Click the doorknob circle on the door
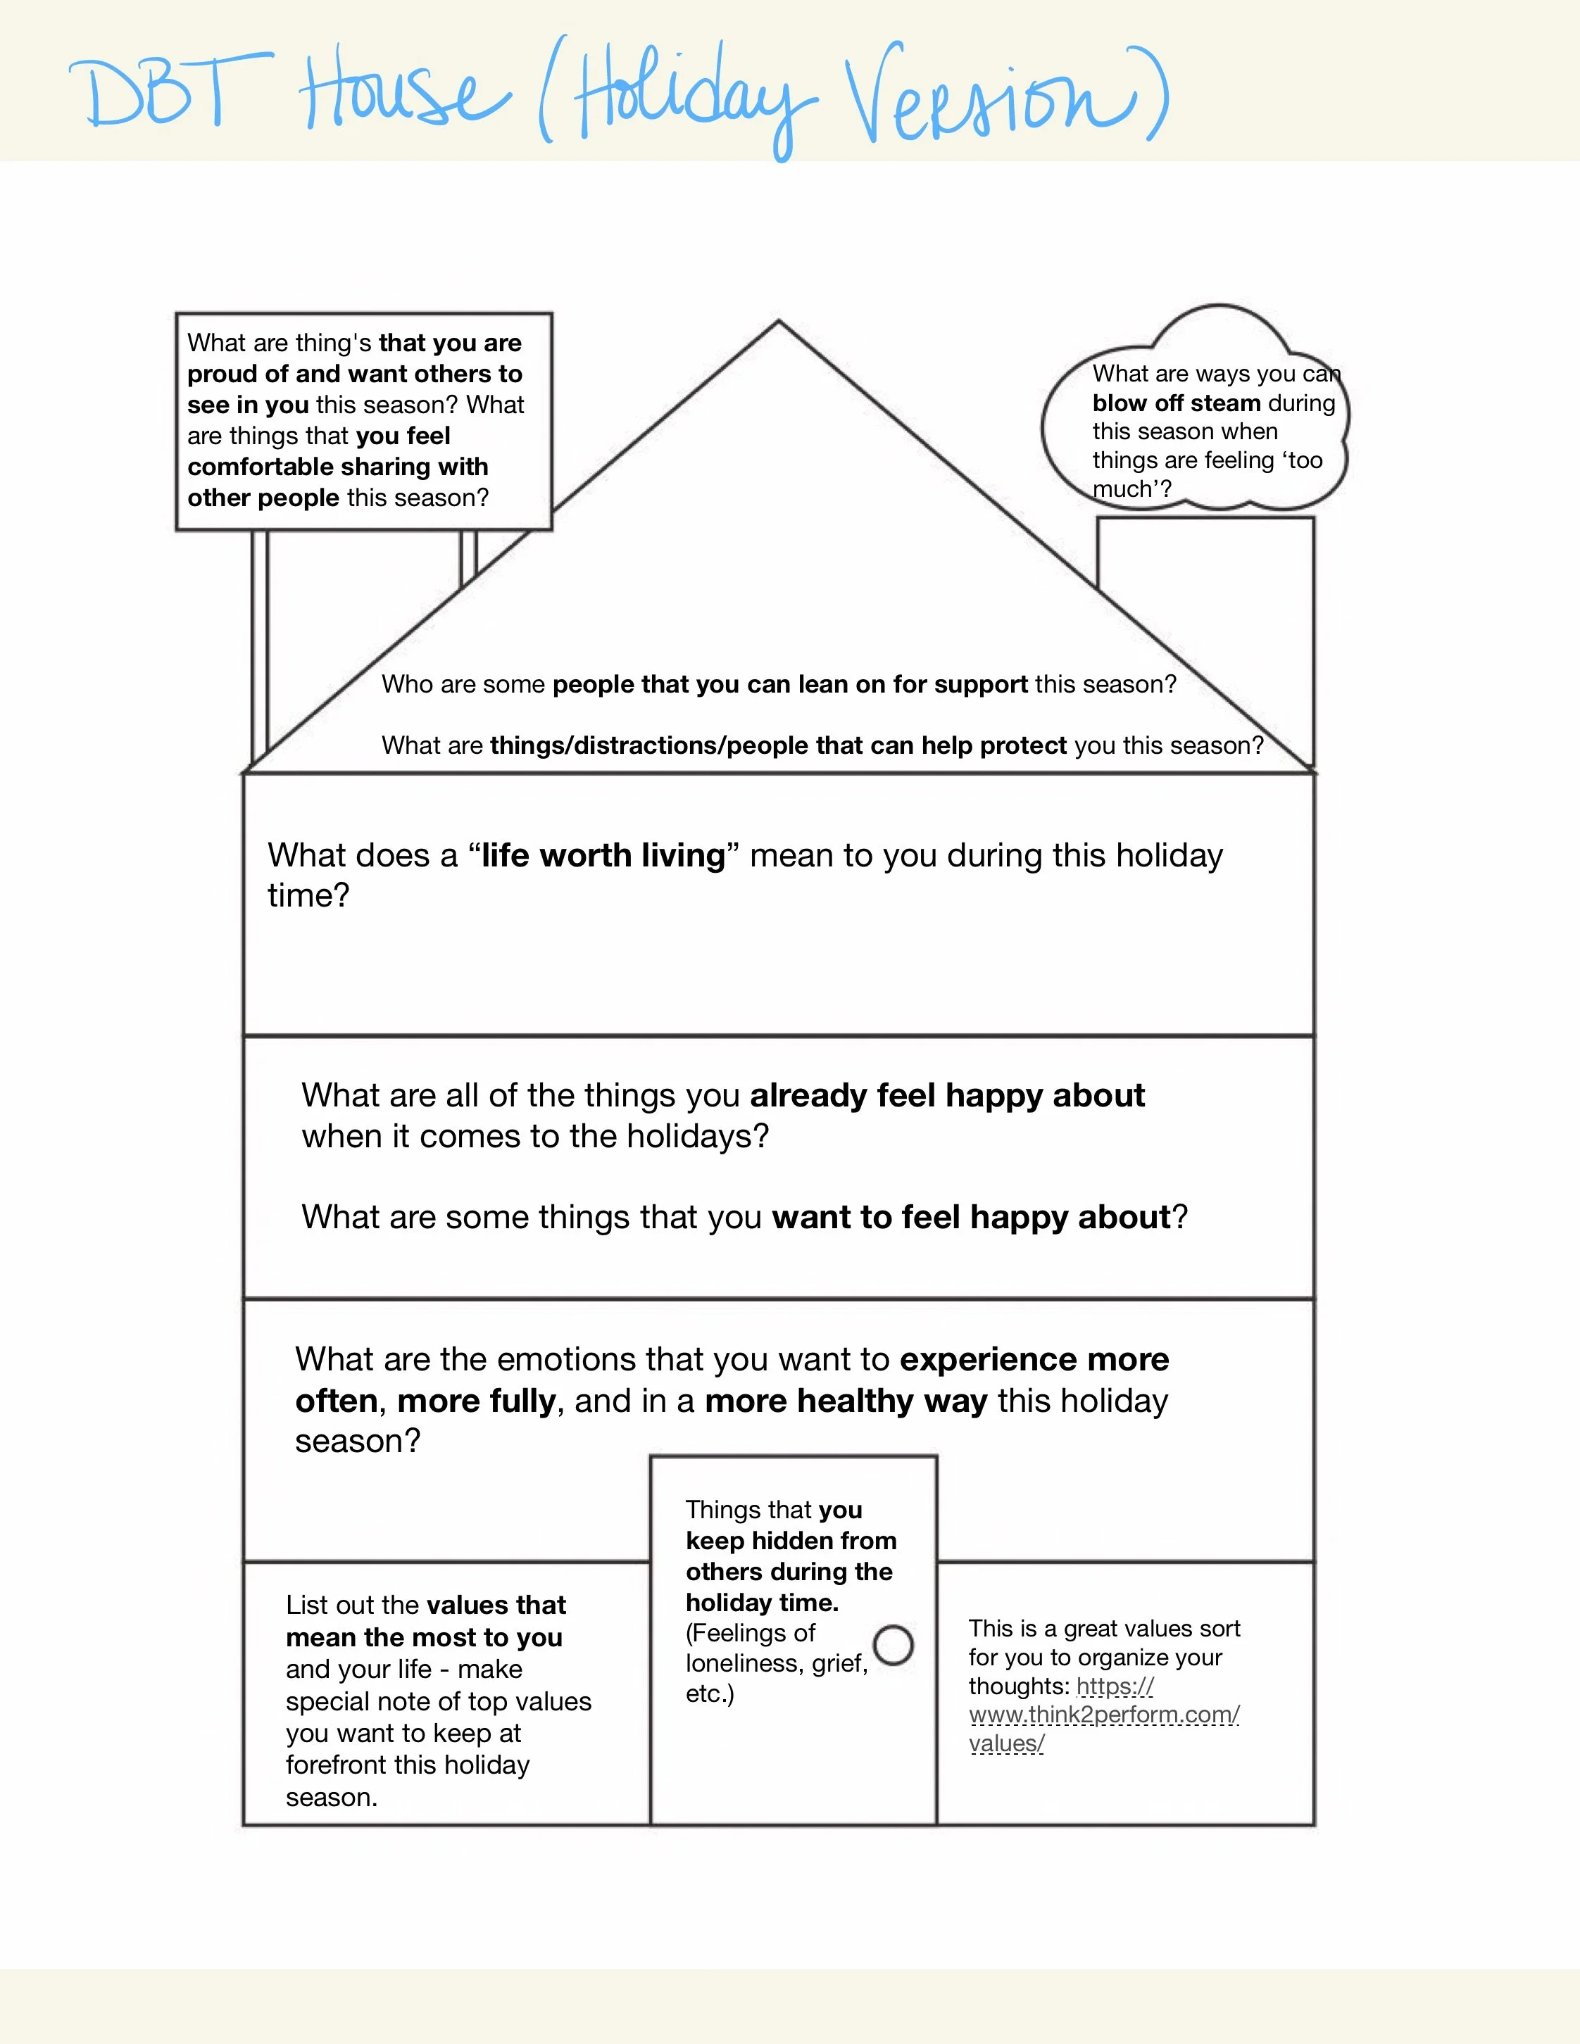pos(893,1644)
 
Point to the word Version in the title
pos(992,103)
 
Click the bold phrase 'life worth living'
pos(603,855)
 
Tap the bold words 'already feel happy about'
pos(946,1095)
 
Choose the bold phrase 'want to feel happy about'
pos(971,1217)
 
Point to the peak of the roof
pos(778,324)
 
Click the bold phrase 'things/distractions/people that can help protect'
pos(778,745)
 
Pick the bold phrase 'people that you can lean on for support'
pos(790,684)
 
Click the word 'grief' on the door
pos(839,1663)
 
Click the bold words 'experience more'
pos(1034,1359)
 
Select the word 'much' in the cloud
pos(1120,488)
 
